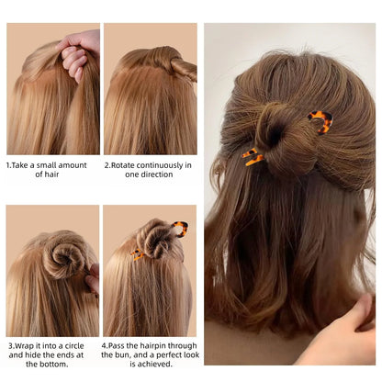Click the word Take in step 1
[x=27, y=164]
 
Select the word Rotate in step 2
[x=131, y=164]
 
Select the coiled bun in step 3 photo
[x=64, y=253]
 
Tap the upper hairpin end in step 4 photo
[x=181, y=227]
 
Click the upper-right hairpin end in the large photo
[x=321, y=119]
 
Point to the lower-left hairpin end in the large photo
[x=253, y=157]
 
